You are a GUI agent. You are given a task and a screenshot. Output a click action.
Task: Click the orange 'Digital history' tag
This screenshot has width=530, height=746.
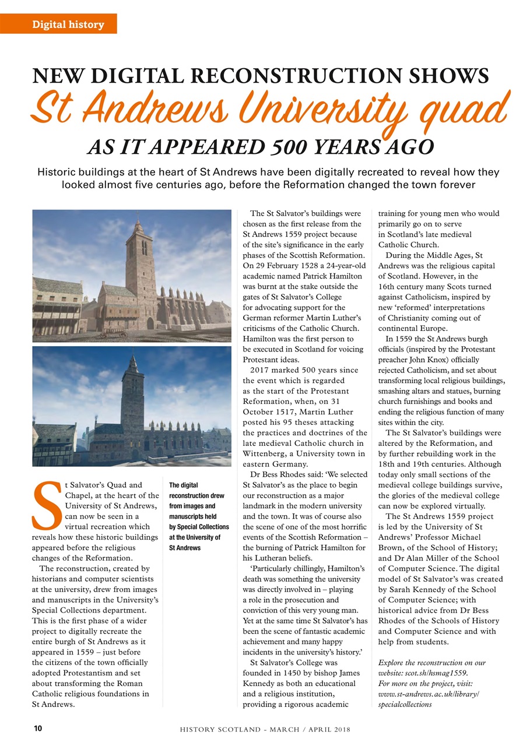tap(68, 24)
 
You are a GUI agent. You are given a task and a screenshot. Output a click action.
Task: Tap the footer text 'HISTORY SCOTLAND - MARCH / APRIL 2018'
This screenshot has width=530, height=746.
tap(265, 729)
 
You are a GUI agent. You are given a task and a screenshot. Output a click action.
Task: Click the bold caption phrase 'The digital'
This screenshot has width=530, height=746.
tap(184, 485)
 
